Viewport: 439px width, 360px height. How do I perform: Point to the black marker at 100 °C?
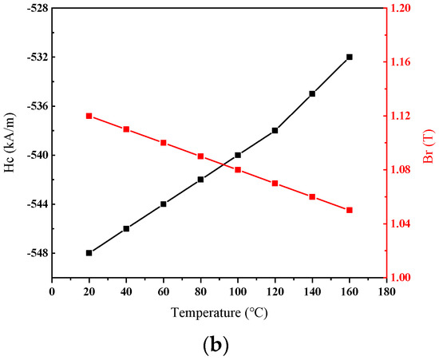pyautogui.click(x=238, y=155)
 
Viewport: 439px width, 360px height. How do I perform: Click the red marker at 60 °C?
pyautogui.click(x=164, y=143)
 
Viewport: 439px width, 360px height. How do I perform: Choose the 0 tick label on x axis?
pyautogui.click(x=52, y=291)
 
